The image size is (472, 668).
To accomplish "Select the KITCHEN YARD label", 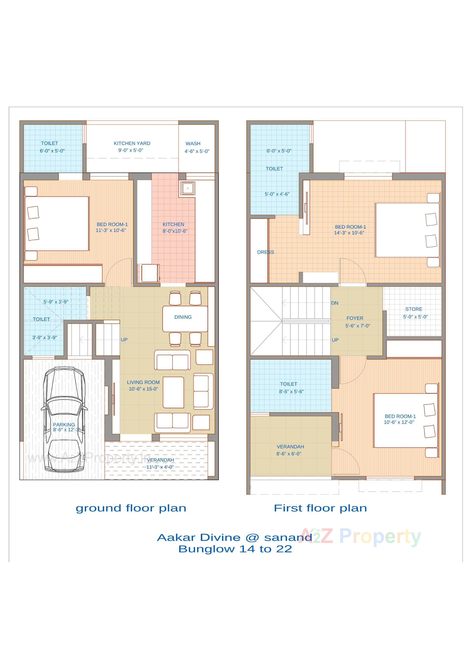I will [132, 143].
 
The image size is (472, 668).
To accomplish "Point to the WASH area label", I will [193, 144].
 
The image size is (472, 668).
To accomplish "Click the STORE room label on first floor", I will [413, 309].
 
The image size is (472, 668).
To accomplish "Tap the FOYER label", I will [355, 318].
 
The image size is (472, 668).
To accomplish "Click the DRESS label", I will [265, 252].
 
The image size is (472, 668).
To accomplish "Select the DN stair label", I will [335, 303].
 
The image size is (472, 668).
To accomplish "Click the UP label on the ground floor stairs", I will [124, 340].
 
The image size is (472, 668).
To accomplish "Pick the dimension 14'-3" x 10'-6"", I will [349, 233].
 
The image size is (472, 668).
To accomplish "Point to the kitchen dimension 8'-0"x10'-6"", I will [175, 231].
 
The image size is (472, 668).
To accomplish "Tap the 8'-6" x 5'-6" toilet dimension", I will [291, 392].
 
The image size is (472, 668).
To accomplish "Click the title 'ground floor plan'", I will [131, 508].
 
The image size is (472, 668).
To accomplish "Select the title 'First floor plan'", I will [320, 508].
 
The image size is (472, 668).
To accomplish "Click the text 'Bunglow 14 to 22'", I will [235, 549].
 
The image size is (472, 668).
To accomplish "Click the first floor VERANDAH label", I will [290, 446].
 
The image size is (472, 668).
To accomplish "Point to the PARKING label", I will [64, 425].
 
